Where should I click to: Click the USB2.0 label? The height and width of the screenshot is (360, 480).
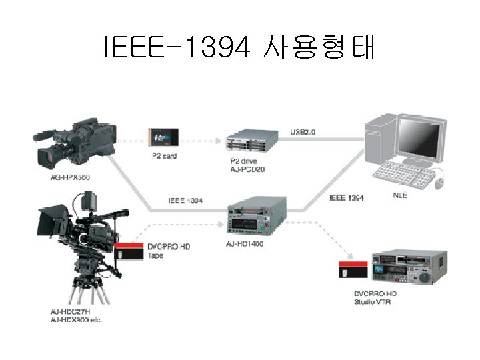pyautogui.click(x=303, y=132)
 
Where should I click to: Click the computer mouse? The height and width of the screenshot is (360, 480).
pyautogui.click(x=439, y=181)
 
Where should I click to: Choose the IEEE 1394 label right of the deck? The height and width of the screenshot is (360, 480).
pyautogui.click(x=347, y=198)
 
